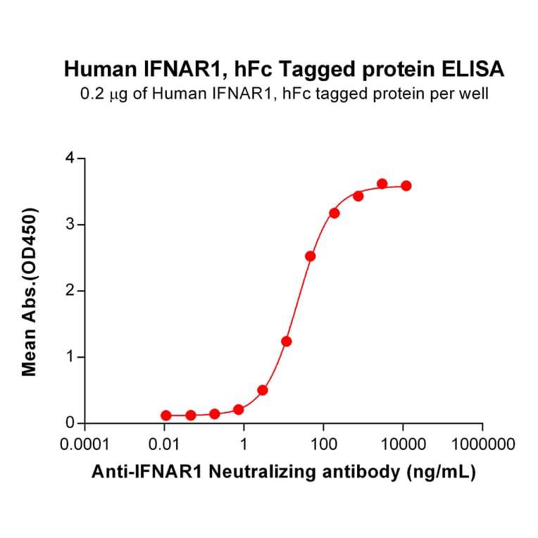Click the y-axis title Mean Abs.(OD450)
pyautogui.click(x=30, y=292)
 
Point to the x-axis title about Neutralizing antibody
pyautogui.click(x=284, y=472)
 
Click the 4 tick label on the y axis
pyautogui.click(x=70, y=158)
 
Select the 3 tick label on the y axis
pyautogui.click(x=70, y=225)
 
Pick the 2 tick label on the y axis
pyautogui.click(x=70, y=291)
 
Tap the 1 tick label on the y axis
pyautogui.click(x=70, y=357)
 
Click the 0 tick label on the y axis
pyautogui.click(x=70, y=423)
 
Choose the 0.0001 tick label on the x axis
pyautogui.click(x=85, y=445)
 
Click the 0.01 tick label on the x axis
pyautogui.click(x=164, y=445)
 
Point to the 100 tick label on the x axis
pyautogui.click(x=323, y=445)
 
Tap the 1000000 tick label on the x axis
pyautogui.click(x=482, y=445)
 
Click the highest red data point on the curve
pyautogui.click(x=382, y=184)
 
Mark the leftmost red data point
pyautogui.click(x=166, y=415)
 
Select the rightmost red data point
pyautogui.click(x=406, y=186)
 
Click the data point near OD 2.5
pyautogui.click(x=310, y=256)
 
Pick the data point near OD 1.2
pyautogui.click(x=287, y=341)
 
